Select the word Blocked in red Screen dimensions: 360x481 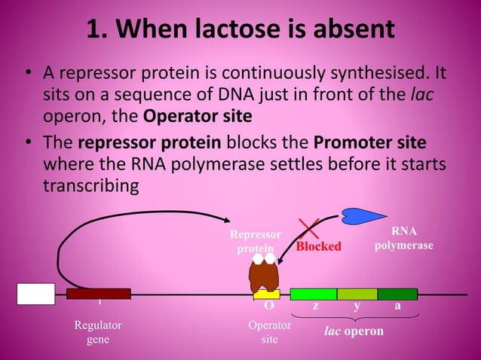318,246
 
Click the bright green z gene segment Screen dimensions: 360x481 313,294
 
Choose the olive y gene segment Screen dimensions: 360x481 357,294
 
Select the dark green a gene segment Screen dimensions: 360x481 397,294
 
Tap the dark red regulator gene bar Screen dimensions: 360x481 98,294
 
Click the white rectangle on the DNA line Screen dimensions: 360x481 35,294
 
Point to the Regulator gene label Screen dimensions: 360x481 98,332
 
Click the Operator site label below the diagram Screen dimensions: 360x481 269,332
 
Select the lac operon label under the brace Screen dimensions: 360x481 354,331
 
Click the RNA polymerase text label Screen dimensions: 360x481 403,239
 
